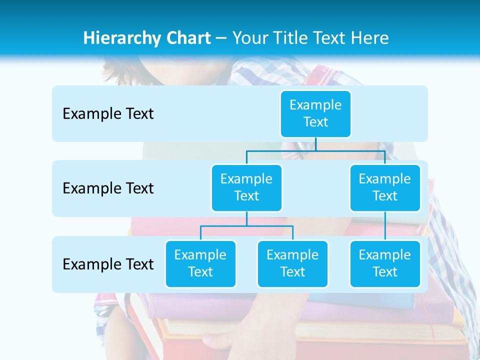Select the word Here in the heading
(x=370, y=38)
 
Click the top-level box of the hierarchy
(x=315, y=113)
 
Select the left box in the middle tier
(x=246, y=187)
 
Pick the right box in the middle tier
(x=385, y=187)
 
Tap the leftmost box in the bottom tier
(x=200, y=263)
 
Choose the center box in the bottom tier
(x=292, y=263)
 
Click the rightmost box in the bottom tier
(x=385, y=263)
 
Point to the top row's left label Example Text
(x=108, y=114)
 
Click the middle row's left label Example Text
(x=108, y=188)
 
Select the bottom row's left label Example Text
(x=108, y=264)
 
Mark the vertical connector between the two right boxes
(x=385, y=226)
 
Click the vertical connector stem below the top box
(x=315, y=144)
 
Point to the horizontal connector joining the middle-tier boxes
(x=315, y=150)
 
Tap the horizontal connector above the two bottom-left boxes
(x=246, y=226)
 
